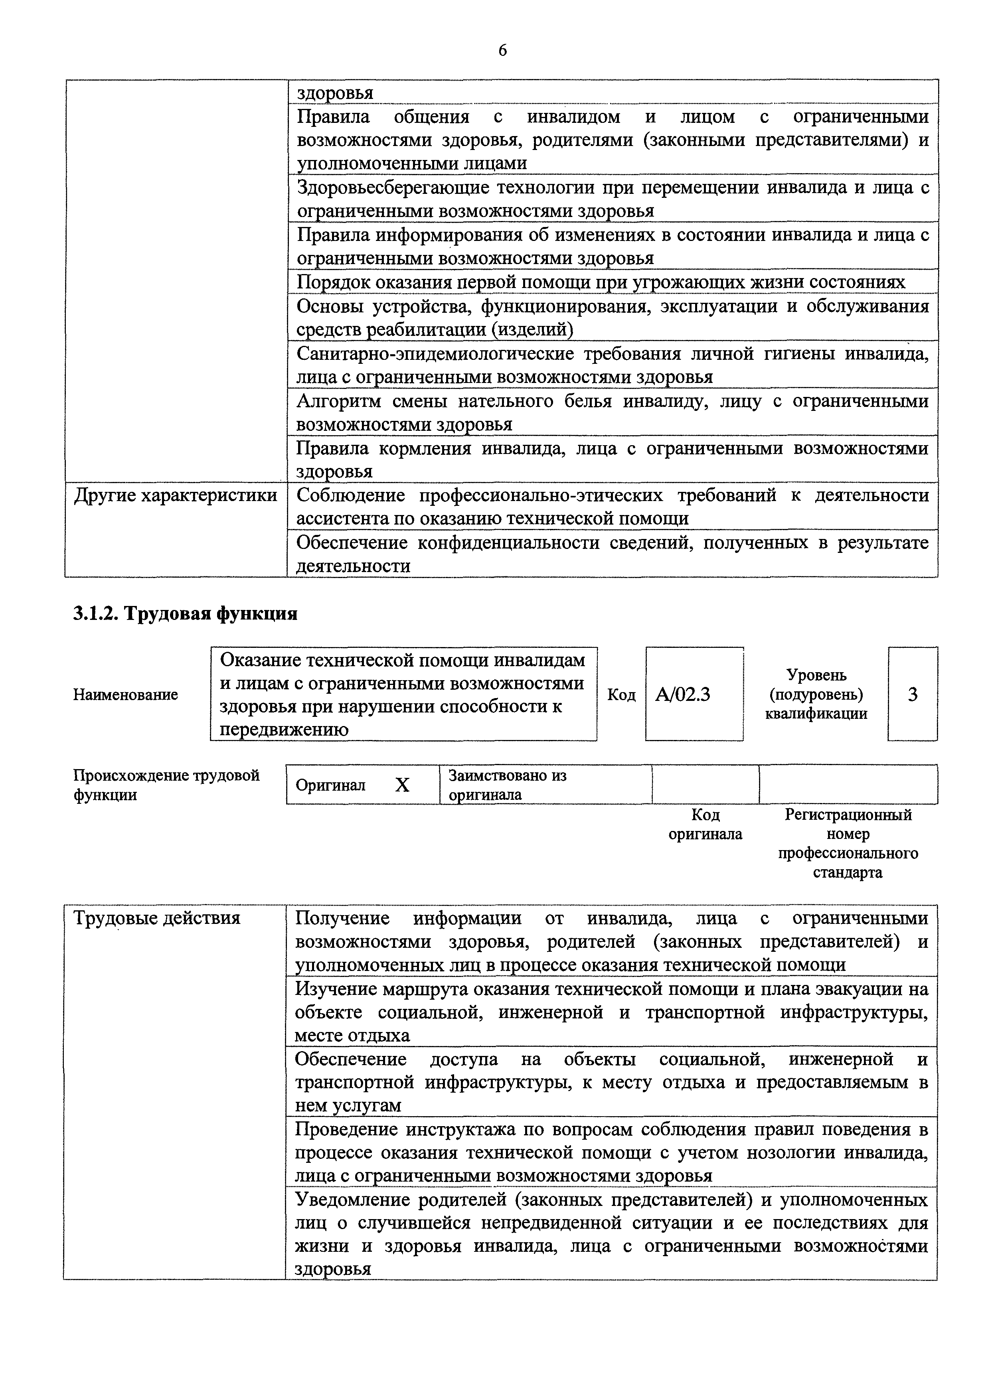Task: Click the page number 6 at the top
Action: click(502, 51)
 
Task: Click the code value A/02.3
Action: click(682, 695)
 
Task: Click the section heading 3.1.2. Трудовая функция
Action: click(185, 614)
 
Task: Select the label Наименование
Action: click(126, 695)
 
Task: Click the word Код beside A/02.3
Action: click(621, 695)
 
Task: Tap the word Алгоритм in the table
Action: click(339, 401)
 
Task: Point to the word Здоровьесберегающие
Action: click(393, 187)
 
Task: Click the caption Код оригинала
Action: click(705, 825)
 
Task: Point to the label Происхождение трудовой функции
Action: click(166, 785)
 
